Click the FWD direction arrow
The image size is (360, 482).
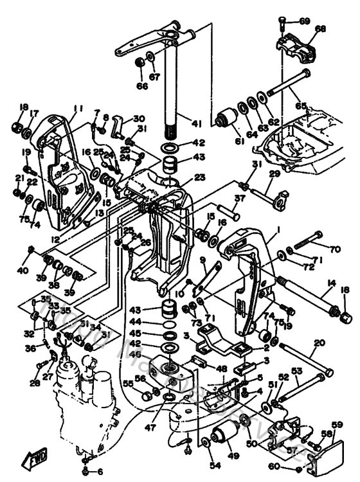(32, 459)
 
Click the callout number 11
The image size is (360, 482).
(78, 108)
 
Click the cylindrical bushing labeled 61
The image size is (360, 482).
(227, 120)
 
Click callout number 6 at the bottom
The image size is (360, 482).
(99, 472)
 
